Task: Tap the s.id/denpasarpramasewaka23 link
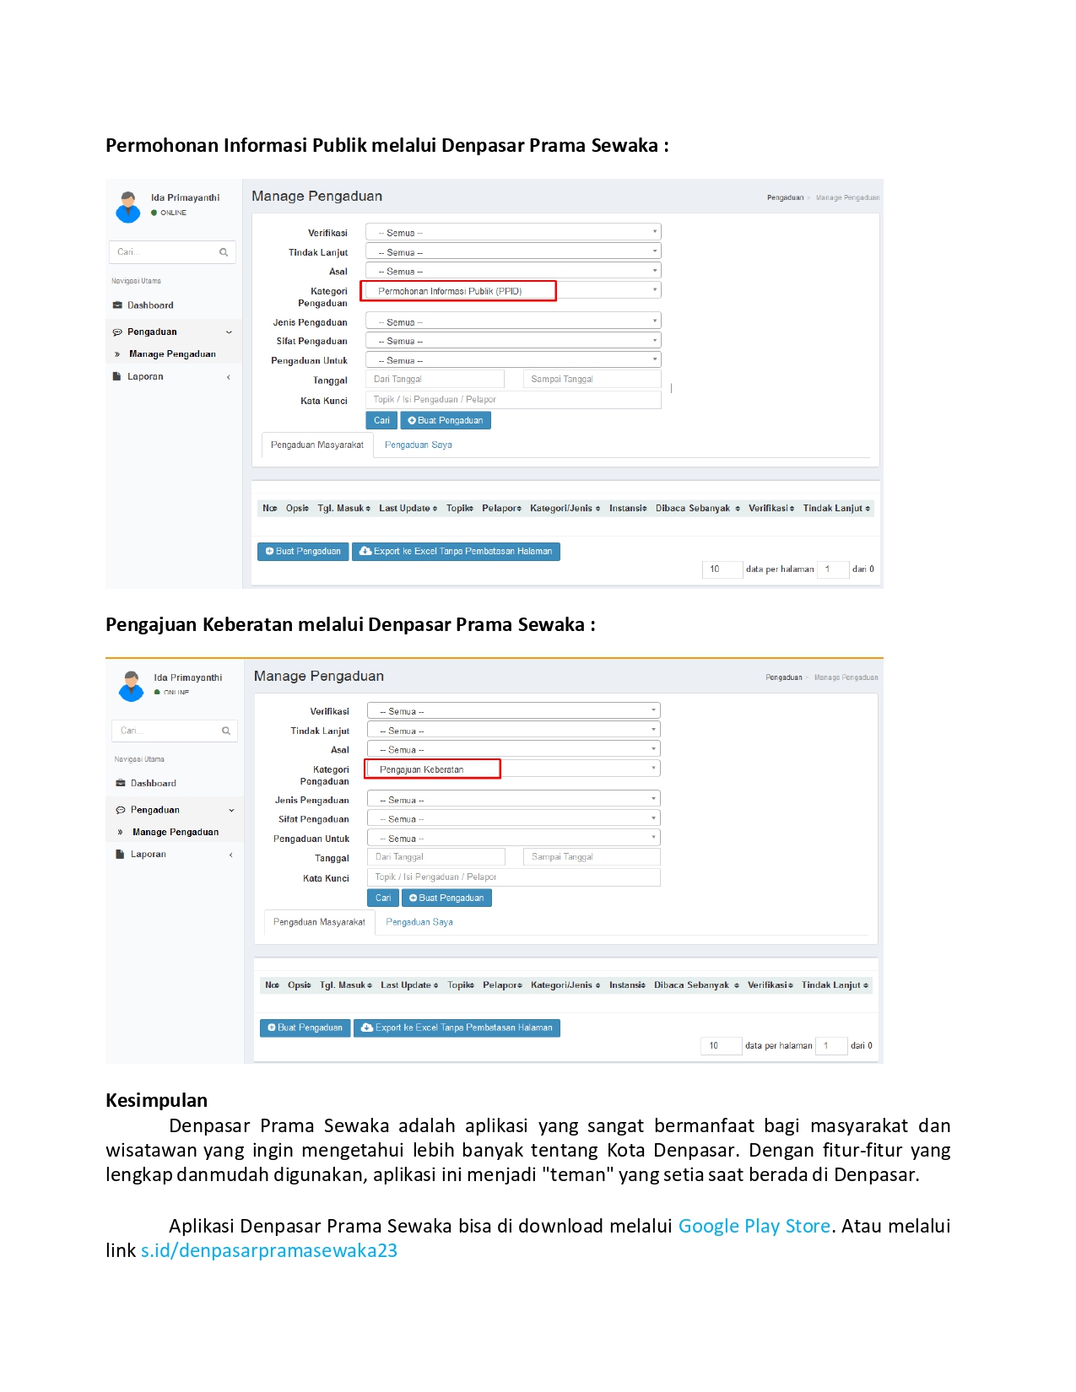coord(268,1250)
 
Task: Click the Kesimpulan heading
coord(156,1100)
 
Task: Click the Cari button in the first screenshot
coord(381,420)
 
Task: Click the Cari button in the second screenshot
coord(383,898)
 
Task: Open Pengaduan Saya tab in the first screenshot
coord(418,445)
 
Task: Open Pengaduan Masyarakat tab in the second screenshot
coord(319,922)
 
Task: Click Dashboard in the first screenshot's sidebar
coord(150,305)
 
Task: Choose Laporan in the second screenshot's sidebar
coord(149,854)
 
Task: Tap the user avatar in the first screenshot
coord(128,207)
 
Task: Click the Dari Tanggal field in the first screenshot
coord(435,380)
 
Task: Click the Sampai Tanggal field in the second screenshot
coord(592,857)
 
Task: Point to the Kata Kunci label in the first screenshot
coord(324,401)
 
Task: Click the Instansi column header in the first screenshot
coord(627,508)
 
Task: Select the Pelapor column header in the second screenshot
coord(501,985)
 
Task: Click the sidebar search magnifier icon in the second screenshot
coord(226,731)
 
